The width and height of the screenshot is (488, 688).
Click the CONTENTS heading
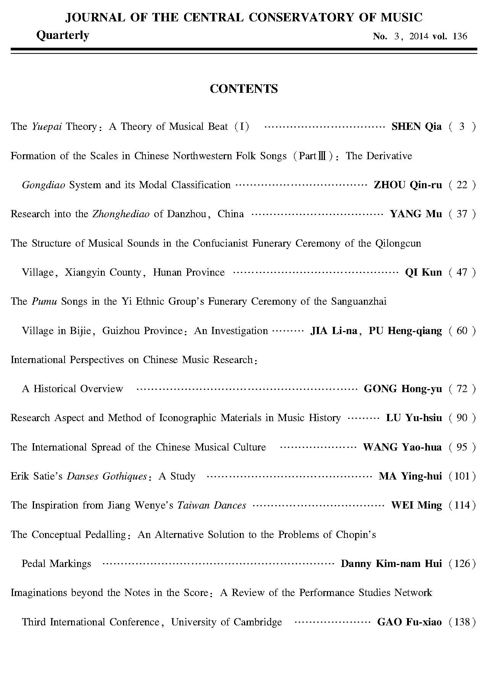[244, 89]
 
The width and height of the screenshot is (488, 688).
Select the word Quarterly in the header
[63, 36]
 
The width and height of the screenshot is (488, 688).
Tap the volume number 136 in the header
[460, 36]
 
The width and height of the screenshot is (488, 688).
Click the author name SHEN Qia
[416, 126]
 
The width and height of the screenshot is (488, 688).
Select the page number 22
[462, 185]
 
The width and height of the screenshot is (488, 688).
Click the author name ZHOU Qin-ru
[407, 185]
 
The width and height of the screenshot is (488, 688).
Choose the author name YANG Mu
[415, 214]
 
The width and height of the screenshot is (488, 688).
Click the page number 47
[462, 272]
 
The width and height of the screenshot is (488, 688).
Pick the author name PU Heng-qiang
[405, 331]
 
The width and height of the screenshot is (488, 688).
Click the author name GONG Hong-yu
[403, 389]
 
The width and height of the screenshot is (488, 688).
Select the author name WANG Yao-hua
[402, 447]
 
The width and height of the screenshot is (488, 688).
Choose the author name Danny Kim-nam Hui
[391, 564]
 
